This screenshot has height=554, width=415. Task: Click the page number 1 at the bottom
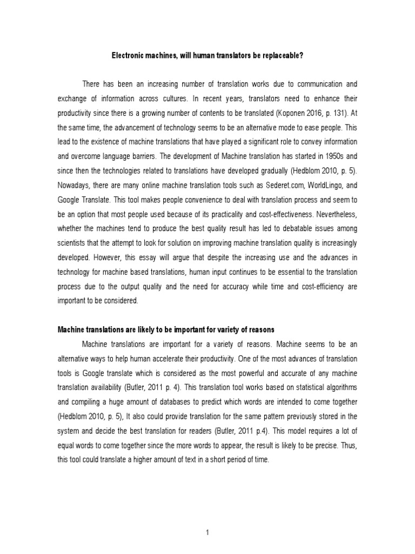pyautogui.click(x=207, y=518)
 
